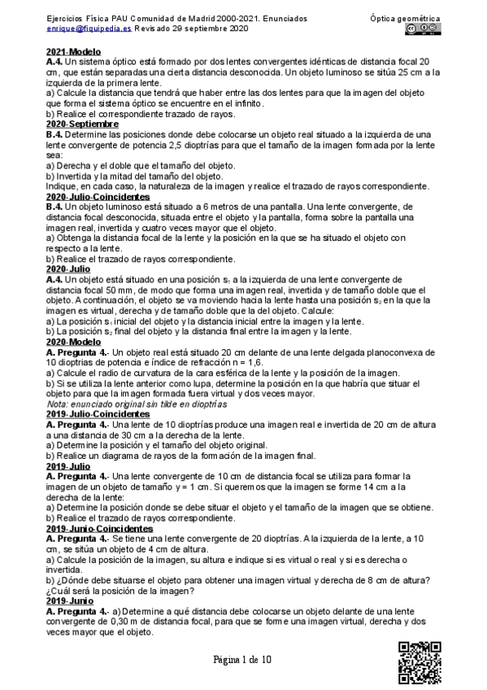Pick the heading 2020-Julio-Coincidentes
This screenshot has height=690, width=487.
tap(98, 197)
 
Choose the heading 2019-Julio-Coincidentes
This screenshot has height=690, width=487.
tap(98, 414)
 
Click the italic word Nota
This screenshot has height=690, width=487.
tap(60, 404)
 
